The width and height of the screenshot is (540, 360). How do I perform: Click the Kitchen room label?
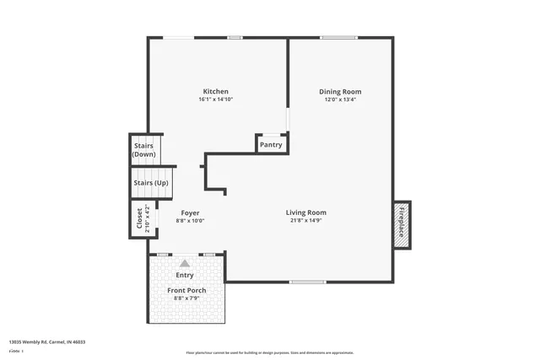point(215,91)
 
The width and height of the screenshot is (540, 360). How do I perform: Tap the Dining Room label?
point(340,91)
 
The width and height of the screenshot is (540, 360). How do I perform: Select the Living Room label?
point(305,212)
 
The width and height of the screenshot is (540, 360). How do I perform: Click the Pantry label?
point(271,145)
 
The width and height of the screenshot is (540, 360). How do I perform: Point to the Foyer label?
point(190,212)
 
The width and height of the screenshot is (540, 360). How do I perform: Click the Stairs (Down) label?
point(143,150)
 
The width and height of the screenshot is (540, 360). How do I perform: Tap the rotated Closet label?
point(139,218)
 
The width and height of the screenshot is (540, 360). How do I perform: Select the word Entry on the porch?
point(184,275)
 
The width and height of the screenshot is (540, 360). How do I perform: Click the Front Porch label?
point(186,290)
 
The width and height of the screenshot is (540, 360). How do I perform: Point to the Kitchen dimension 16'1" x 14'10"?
point(215,99)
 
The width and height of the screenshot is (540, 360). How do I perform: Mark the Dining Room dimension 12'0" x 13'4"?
point(340,99)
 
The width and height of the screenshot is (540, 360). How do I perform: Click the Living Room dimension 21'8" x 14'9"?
point(305,221)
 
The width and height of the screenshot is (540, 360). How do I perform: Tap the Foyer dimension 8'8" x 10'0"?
point(190,221)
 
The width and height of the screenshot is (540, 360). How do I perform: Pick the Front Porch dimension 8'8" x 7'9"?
point(186,298)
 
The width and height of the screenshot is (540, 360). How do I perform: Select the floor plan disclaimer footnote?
point(270,352)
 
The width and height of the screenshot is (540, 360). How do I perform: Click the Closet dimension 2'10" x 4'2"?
point(147,218)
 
